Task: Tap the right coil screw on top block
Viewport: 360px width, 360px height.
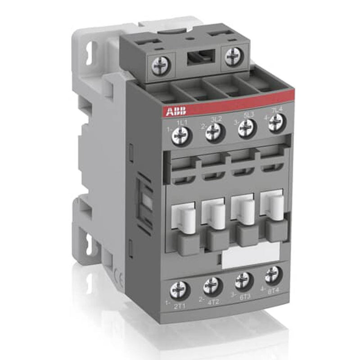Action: coord(233,57)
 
